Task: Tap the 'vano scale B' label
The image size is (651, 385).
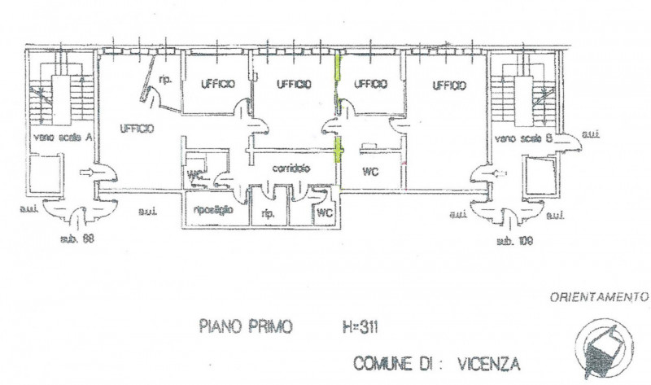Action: point(524,138)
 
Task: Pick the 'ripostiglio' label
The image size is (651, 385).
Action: point(214,209)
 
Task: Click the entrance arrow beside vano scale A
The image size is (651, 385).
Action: point(87,173)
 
